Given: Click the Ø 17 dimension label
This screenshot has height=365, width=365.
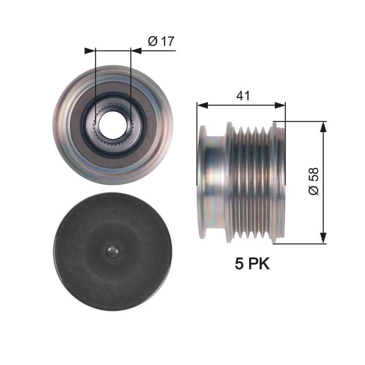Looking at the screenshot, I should pos(161,42).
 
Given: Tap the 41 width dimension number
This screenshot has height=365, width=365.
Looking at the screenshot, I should pos(242,95).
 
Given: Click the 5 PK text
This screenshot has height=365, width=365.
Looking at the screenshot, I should pos(252,264).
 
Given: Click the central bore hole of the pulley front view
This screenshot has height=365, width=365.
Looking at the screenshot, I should pos(112,125).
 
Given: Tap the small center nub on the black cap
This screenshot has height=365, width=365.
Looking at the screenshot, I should pos(113,251).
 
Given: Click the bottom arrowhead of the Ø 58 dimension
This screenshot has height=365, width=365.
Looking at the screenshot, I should pos(323,238).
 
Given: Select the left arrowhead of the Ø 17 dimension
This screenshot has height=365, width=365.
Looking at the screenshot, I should pos(89,51).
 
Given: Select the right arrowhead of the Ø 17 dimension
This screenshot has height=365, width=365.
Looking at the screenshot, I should pos(136,51).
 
